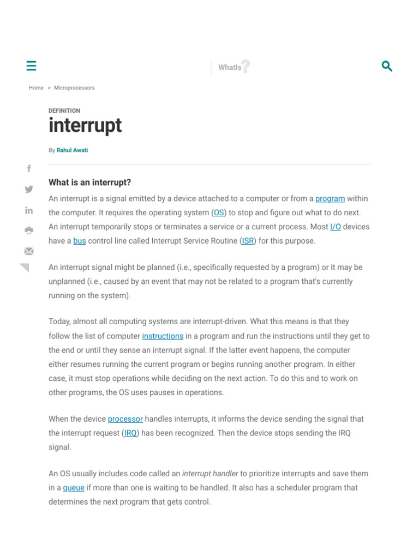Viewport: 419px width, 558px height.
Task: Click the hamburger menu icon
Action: click(x=31, y=66)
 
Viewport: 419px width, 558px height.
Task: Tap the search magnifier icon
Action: click(x=387, y=66)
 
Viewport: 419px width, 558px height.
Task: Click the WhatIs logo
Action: click(x=234, y=67)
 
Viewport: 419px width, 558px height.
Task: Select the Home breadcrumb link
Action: click(x=36, y=88)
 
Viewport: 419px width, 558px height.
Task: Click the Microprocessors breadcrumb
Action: click(x=74, y=88)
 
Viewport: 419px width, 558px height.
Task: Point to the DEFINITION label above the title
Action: click(x=64, y=111)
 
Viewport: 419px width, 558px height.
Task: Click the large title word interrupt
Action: click(x=85, y=125)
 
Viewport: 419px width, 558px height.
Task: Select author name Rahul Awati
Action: click(x=72, y=150)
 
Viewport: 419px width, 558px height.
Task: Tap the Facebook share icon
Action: click(x=29, y=169)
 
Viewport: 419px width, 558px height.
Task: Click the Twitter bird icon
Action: click(x=29, y=189)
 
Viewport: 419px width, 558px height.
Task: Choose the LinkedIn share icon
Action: click(x=29, y=210)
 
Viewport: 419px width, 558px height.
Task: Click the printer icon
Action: click(x=29, y=230)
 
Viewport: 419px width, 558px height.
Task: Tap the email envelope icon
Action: click(x=29, y=251)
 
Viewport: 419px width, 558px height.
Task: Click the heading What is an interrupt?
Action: click(x=89, y=183)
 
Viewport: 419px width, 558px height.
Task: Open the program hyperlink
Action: click(x=330, y=199)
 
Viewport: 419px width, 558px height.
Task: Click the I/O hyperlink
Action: click(x=336, y=227)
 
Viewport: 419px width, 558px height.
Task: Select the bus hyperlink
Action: click(x=80, y=241)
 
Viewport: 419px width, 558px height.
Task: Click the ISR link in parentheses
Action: click(x=248, y=241)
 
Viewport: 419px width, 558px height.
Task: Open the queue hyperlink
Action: click(x=74, y=488)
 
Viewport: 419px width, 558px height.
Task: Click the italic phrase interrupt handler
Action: click(x=210, y=474)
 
